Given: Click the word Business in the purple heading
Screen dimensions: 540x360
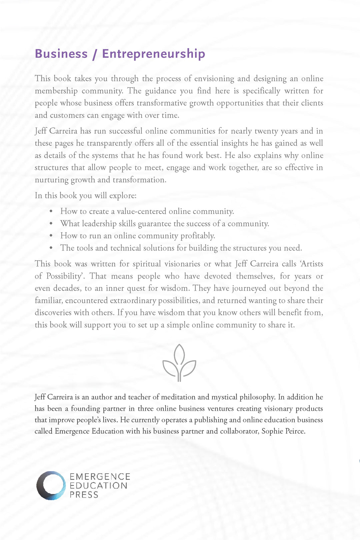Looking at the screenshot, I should [61, 54].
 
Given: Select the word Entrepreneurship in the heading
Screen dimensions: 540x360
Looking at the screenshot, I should [153, 54].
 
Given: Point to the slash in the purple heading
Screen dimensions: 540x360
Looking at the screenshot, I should [95, 54].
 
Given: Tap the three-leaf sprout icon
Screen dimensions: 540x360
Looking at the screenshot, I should [179, 363].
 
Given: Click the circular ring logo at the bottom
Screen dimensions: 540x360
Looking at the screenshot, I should [51, 485].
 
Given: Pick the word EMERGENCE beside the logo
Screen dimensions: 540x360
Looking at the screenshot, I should [100, 477].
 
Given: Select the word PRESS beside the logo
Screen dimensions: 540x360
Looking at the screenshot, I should [84, 495].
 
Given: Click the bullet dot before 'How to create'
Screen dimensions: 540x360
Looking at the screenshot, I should [51, 211].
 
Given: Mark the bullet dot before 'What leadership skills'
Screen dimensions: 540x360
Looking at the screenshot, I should [51, 224].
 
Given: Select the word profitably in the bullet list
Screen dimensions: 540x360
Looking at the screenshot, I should [197, 236].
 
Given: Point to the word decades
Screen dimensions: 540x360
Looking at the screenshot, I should [67, 288].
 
